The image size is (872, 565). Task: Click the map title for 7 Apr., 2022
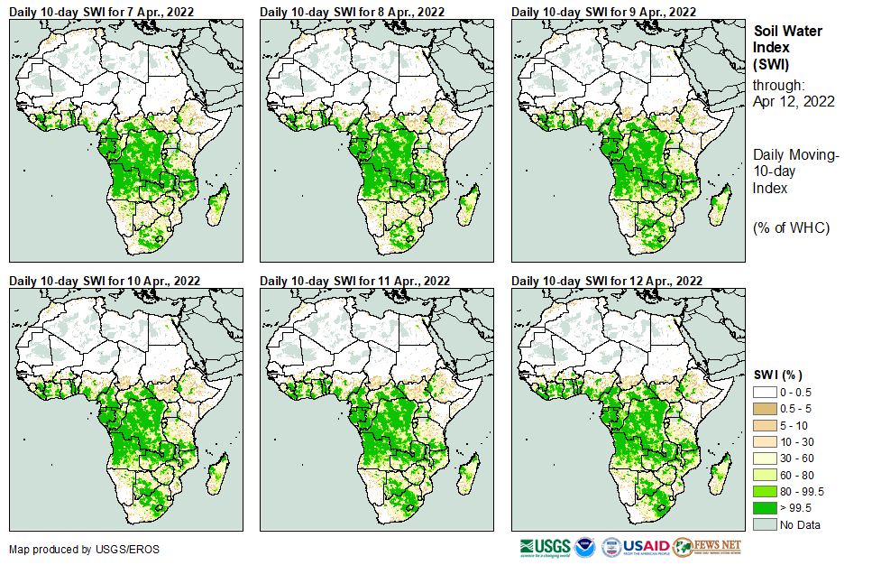pos(101,12)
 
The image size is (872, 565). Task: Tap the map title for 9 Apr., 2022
pos(603,12)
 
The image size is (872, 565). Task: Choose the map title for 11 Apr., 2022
pos(354,282)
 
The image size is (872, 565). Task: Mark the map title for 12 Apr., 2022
pos(606,282)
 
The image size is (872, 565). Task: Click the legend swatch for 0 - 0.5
pos(765,393)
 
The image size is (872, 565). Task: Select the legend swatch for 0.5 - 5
pos(765,409)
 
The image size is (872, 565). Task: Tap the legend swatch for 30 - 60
pos(765,458)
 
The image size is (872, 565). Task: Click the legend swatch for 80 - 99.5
pos(765,491)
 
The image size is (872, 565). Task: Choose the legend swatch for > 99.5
pos(765,508)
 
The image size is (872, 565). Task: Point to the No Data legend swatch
pos(765,524)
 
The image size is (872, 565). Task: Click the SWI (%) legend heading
pos(777,375)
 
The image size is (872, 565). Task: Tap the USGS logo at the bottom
pos(546,547)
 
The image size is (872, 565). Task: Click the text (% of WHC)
pos(791,227)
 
